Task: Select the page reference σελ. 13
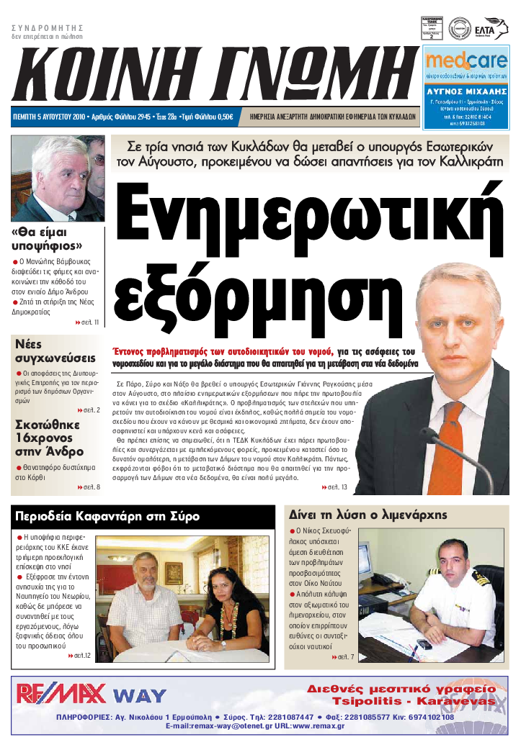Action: (x=334, y=488)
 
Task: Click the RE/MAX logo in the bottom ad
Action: (x=62, y=694)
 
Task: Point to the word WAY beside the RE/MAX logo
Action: (x=140, y=696)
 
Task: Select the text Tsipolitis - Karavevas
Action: (x=413, y=701)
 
